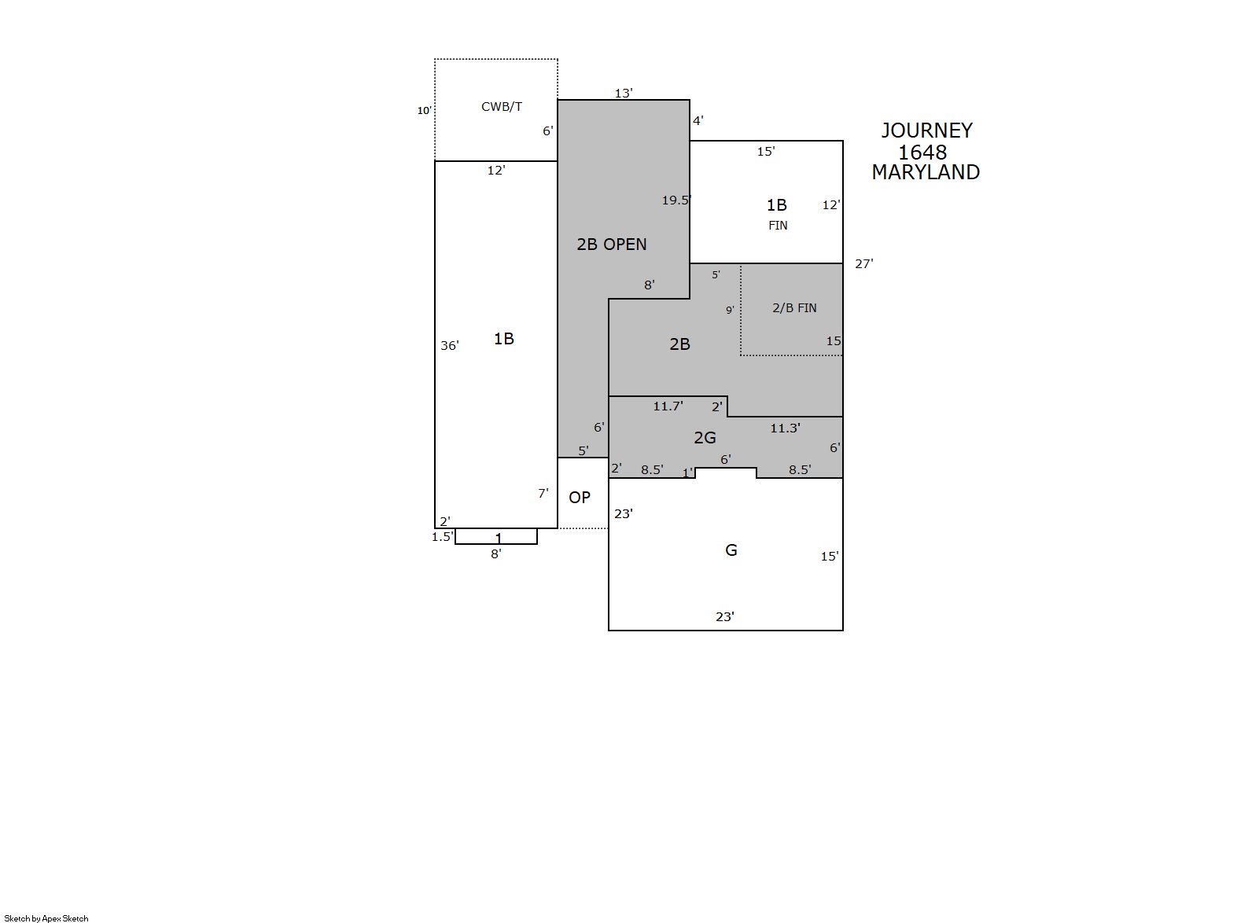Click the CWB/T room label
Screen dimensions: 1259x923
502,107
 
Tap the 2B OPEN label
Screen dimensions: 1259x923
612,245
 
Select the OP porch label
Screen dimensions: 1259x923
580,498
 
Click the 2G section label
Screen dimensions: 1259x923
705,438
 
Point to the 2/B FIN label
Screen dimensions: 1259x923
794,308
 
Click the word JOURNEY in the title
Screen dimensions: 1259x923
926,131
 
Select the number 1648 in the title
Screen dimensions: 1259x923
922,153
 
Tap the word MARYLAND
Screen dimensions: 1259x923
926,172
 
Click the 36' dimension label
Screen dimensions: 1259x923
450,345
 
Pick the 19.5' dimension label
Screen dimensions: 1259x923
676,200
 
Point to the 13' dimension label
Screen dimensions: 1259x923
624,94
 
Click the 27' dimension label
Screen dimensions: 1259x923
864,263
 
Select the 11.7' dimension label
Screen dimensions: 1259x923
668,406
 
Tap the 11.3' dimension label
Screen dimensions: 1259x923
785,428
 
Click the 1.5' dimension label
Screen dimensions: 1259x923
442,536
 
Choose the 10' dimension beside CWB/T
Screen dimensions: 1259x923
424,111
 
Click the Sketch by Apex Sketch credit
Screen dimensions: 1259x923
46,918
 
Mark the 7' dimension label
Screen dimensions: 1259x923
543,493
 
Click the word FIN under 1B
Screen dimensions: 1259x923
778,226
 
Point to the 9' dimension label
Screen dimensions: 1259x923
730,310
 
